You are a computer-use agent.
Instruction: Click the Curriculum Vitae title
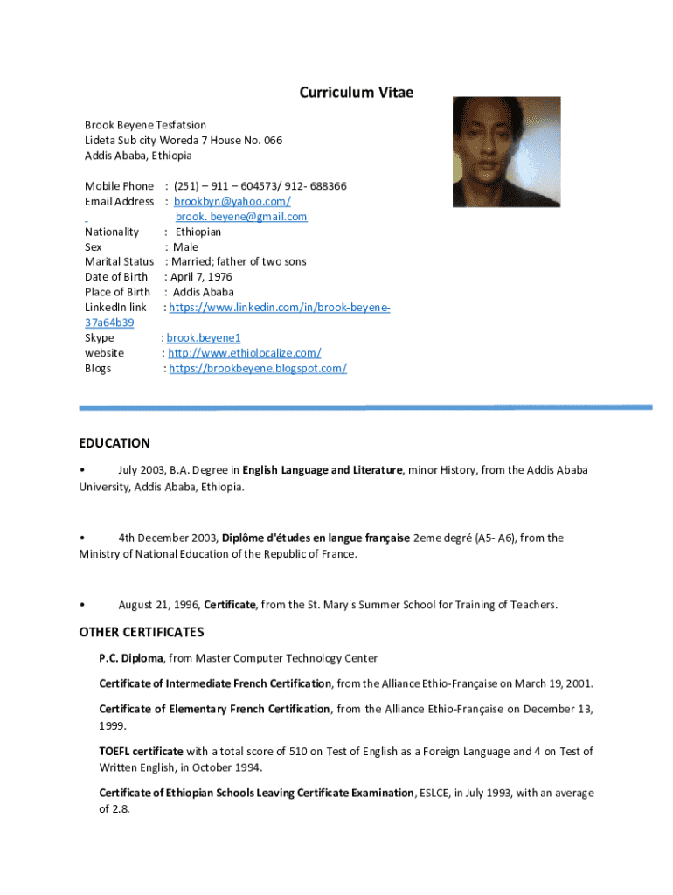[356, 93]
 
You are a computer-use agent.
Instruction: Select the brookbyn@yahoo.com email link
[232, 201]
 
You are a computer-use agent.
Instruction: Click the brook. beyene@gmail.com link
[241, 217]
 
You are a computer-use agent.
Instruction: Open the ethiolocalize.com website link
[244, 353]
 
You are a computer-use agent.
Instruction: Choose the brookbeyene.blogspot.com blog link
[258, 368]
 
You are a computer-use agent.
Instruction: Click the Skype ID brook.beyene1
[204, 337]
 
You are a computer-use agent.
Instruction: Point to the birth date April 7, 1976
[202, 277]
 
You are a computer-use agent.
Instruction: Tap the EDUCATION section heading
[114, 443]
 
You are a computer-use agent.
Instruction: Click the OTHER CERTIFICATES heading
[142, 632]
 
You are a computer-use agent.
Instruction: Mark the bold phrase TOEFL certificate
[141, 751]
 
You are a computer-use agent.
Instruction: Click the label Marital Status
[119, 261]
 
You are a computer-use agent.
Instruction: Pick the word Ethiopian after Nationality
[198, 232]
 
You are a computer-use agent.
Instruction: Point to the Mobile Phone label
[119, 186]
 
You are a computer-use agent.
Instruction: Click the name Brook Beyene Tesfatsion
[145, 125]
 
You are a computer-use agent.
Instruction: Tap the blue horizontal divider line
[365, 407]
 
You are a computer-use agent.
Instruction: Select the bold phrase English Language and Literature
[323, 470]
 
